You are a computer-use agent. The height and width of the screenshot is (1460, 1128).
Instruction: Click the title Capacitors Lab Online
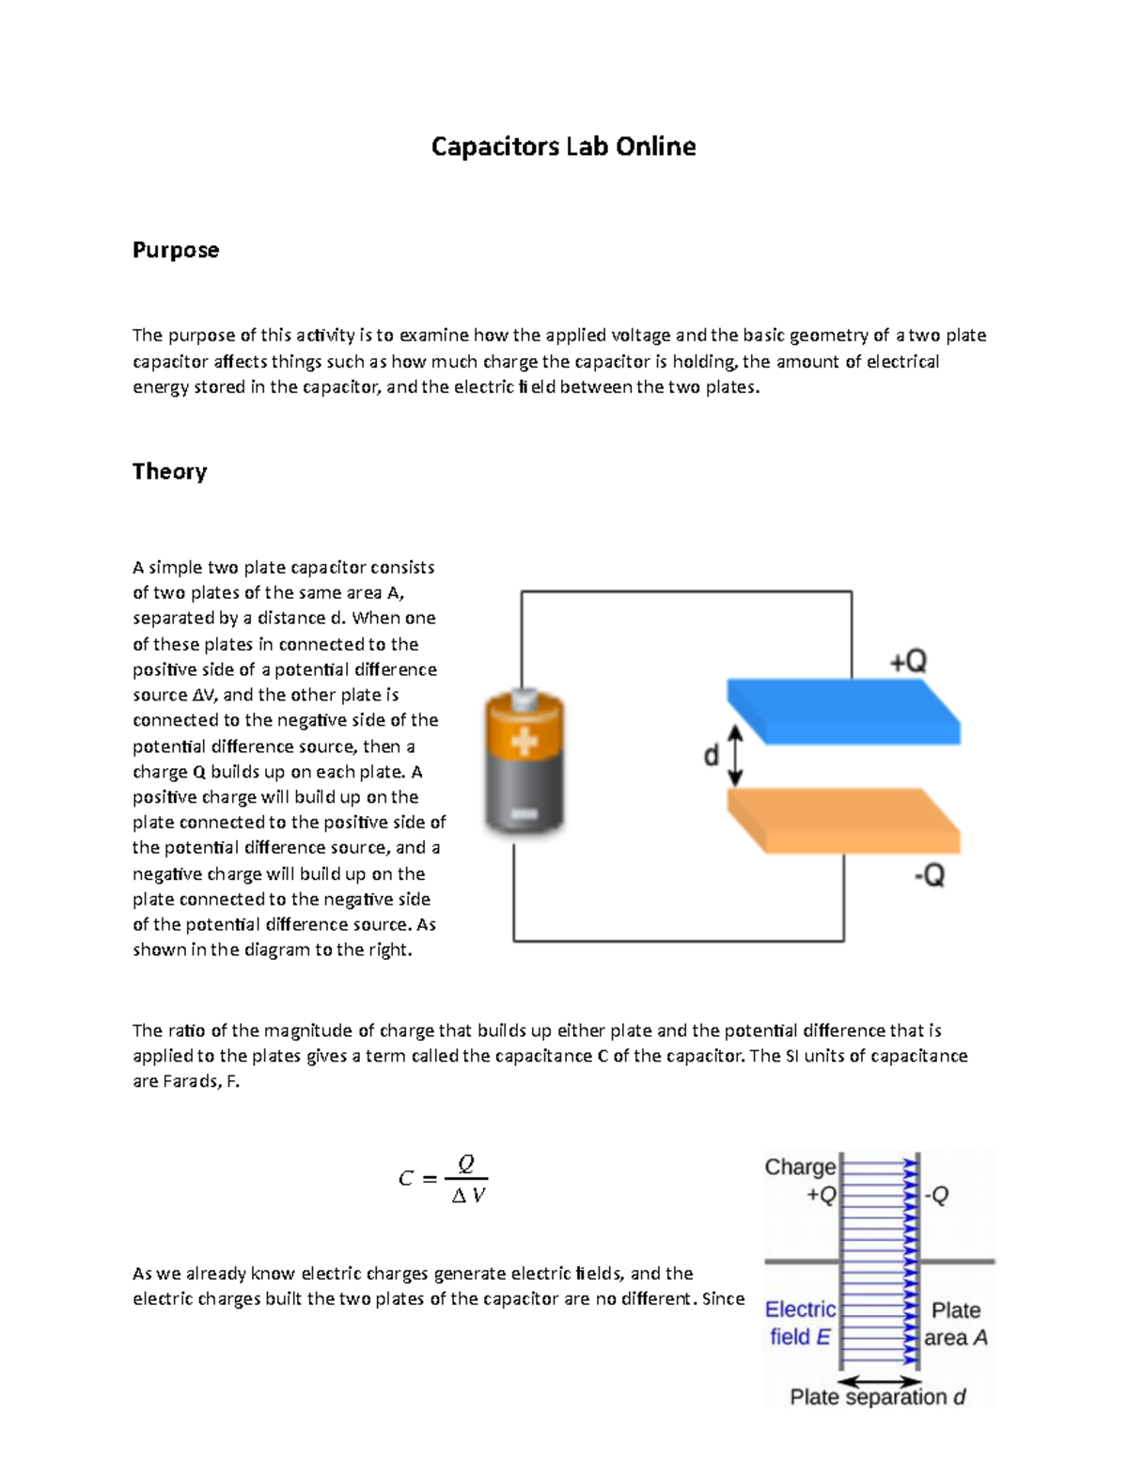pos(563,147)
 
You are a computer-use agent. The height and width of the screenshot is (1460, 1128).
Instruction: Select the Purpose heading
pos(176,250)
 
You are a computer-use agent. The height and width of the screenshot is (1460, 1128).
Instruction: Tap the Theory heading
pos(169,471)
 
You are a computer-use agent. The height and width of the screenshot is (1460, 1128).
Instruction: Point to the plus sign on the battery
pos(524,742)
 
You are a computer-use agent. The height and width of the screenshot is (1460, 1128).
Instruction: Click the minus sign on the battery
pos(524,814)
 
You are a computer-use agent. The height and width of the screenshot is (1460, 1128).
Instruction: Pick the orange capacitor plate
pos(843,819)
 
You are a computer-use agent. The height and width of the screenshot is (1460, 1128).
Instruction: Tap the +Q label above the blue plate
pos(908,662)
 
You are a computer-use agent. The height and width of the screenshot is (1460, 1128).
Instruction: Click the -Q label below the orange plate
pos(929,876)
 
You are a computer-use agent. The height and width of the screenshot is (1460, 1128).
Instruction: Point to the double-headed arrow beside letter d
pos(736,755)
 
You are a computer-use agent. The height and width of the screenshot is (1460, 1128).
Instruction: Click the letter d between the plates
pos(712,755)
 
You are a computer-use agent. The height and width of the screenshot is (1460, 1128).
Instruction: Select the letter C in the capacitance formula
pos(406,1179)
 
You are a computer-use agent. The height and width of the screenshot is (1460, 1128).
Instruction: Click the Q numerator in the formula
pos(465,1164)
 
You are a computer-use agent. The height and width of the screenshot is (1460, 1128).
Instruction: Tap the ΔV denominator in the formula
pos(468,1196)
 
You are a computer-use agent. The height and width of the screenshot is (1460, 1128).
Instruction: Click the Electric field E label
pos(800,1323)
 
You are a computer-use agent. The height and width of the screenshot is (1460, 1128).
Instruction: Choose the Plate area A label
pos(955,1324)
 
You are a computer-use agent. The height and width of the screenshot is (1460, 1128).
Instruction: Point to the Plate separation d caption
pos(877,1397)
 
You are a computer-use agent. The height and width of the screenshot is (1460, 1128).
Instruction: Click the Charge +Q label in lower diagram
pos(800,1180)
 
